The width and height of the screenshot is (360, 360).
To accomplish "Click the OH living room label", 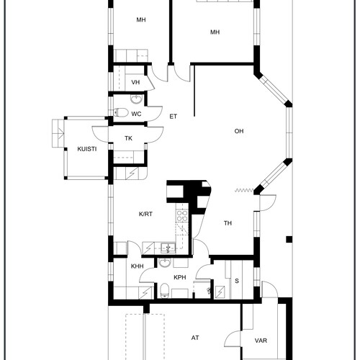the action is click(239, 131).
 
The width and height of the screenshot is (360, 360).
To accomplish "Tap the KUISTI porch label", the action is click(87, 149).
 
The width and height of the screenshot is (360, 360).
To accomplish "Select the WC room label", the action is click(136, 114).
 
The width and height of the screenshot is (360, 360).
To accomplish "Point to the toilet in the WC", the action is click(121, 112).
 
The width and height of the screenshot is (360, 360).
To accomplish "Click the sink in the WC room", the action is click(137, 99).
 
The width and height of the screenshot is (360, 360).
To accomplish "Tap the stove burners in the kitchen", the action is click(182, 215).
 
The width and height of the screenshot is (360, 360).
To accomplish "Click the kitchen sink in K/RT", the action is click(168, 248).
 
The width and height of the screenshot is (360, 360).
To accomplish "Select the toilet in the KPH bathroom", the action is click(165, 290).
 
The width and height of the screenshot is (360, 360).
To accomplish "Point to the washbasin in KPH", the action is click(165, 263).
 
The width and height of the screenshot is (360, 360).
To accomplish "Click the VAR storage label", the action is click(261, 341).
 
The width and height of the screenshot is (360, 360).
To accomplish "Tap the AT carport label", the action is click(195, 338).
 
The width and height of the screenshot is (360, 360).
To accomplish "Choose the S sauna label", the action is click(237, 281).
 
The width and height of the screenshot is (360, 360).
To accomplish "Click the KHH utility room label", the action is click(138, 266).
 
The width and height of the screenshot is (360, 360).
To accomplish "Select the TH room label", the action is click(228, 223).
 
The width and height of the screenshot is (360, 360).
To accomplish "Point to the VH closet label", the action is click(135, 82).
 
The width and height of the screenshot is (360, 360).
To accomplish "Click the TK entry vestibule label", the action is click(128, 138).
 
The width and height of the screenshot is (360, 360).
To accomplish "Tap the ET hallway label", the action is click(173, 117).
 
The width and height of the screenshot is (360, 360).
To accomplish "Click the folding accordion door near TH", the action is click(244, 191).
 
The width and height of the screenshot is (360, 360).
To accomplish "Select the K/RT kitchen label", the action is click(145, 214).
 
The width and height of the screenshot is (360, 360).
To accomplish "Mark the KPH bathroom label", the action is click(180, 277).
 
